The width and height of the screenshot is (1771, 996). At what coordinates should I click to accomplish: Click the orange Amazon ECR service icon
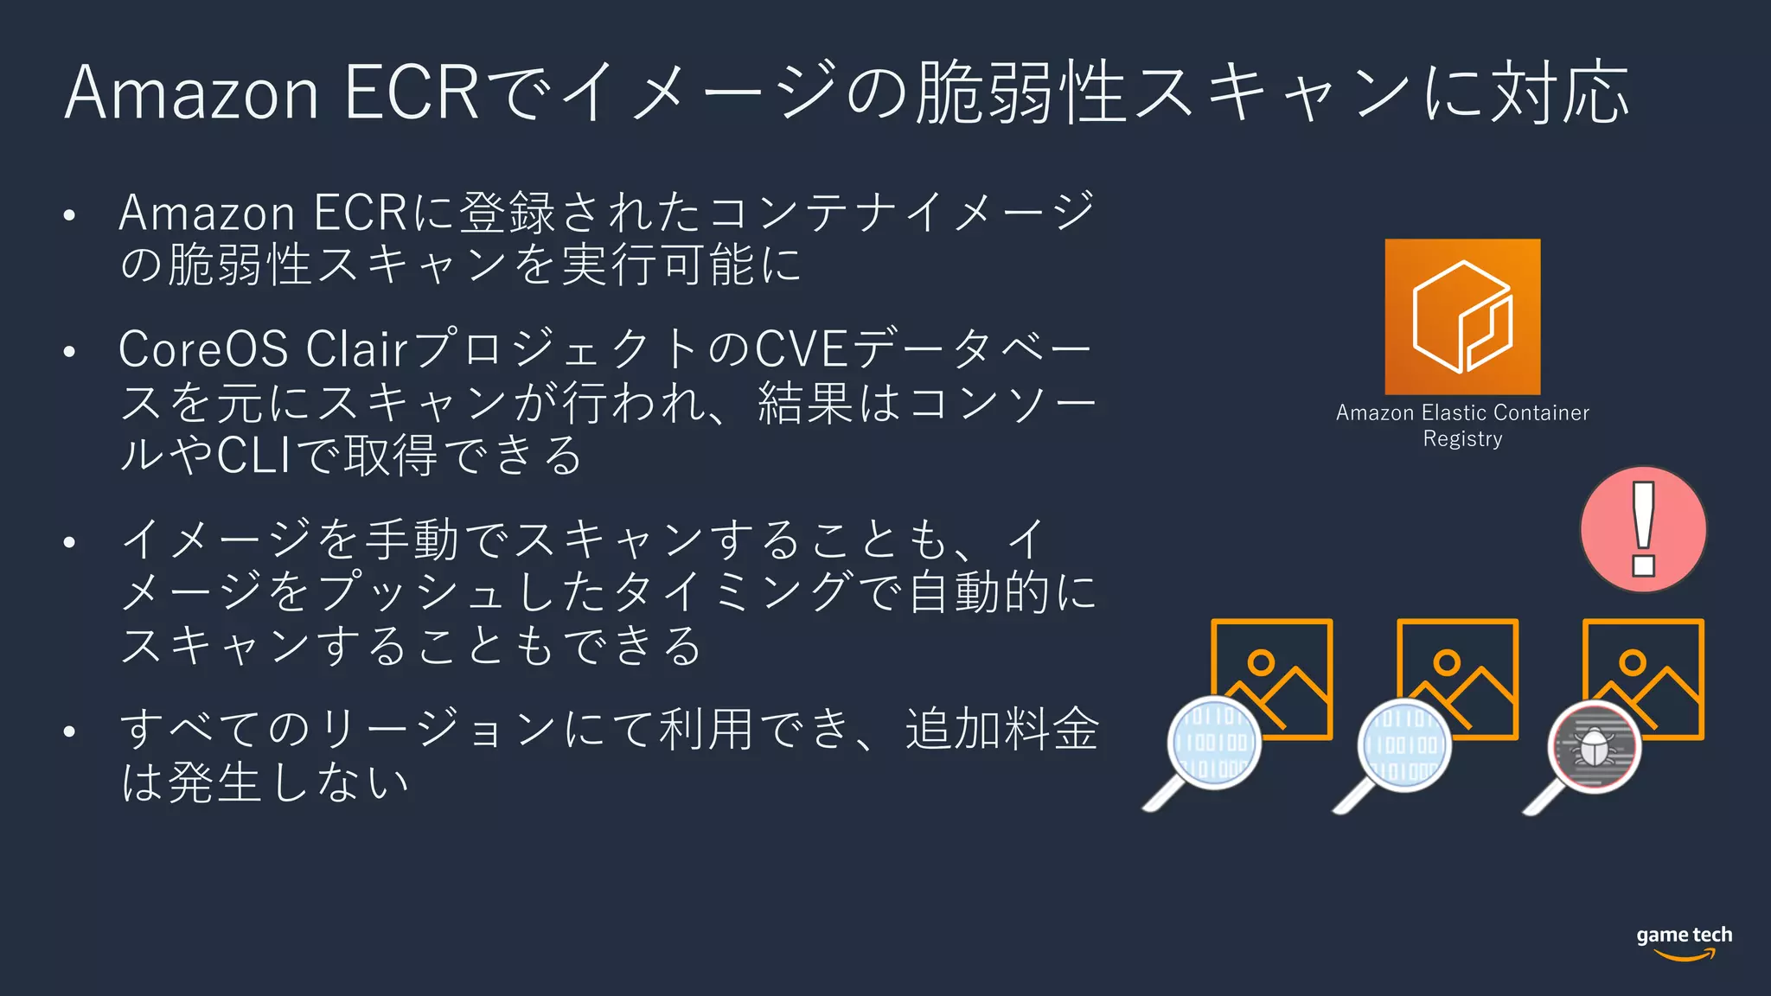pos(1462,316)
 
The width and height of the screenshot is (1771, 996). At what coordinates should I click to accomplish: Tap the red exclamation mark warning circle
pos(1643,529)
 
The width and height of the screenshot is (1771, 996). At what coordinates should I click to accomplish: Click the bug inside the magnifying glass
pos(1594,746)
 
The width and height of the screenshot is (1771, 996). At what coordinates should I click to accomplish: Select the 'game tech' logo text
pos(1684,935)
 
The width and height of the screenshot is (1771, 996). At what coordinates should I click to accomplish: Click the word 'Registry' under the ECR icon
pos(1462,439)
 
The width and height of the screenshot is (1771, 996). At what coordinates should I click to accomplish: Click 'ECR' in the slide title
pos(412,93)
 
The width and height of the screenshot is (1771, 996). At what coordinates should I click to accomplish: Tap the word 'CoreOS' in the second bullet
pos(203,349)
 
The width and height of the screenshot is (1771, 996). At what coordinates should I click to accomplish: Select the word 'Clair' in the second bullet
pos(356,349)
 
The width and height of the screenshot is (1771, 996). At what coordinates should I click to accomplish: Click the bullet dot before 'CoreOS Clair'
pos(70,352)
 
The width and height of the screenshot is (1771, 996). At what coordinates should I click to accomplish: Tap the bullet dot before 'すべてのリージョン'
pos(70,731)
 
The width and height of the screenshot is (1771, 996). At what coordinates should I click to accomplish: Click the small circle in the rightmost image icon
pos(1633,663)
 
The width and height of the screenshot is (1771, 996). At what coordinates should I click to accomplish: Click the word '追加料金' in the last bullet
pos(1001,729)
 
